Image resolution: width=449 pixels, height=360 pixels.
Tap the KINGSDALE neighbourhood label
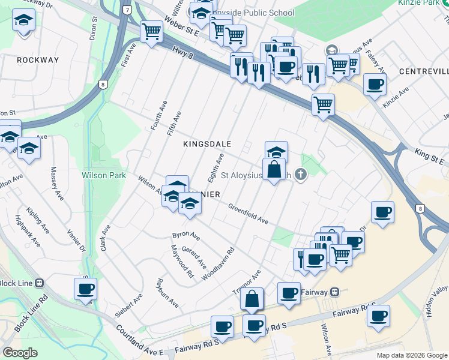click(207, 144)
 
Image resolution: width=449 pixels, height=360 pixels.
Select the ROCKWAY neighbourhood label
click(38, 60)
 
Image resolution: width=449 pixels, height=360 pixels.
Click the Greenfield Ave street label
click(248, 213)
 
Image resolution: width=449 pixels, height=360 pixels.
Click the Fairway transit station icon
click(336, 292)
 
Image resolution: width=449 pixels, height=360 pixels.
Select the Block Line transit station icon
click(40, 283)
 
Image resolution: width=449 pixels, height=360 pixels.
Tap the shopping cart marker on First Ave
click(151, 31)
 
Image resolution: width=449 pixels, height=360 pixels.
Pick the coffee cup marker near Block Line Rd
click(85, 289)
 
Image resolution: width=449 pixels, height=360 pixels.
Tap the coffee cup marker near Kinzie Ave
click(375, 84)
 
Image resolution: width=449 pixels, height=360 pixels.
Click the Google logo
click(20, 353)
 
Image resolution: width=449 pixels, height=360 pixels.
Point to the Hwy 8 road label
click(182, 54)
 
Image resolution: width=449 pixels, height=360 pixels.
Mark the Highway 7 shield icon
click(127, 11)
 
